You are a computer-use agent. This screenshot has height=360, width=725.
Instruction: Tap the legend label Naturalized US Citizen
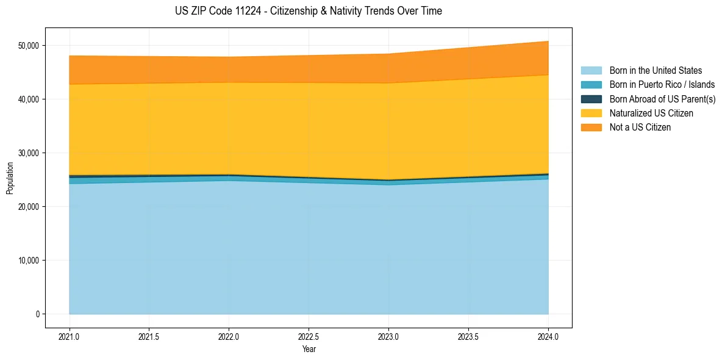click(651, 113)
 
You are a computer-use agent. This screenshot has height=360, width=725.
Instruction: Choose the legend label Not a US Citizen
click(640, 127)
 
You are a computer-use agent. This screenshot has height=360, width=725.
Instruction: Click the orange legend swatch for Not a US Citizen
click(591, 127)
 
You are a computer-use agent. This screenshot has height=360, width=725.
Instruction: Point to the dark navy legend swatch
click(591, 99)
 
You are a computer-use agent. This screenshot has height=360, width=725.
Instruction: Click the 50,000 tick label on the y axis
click(27, 46)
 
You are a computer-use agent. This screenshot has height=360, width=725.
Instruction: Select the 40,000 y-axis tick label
click(27, 99)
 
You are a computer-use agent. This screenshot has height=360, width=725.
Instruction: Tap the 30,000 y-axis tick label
click(27, 153)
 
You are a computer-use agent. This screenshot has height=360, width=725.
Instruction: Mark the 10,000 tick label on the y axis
click(27, 261)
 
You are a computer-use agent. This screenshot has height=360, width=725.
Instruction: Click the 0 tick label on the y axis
click(37, 314)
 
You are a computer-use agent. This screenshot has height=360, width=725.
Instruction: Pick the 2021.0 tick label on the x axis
click(70, 336)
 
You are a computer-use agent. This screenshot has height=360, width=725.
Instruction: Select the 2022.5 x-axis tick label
click(309, 336)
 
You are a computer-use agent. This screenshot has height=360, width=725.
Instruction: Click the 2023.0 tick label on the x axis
click(388, 336)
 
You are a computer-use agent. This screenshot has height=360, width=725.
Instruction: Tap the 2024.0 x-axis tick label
click(548, 336)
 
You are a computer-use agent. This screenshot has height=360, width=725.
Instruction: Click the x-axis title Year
click(309, 349)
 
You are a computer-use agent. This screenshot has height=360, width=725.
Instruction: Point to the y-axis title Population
click(10, 178)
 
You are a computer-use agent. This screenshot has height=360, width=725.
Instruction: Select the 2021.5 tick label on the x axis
click(149, 336)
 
